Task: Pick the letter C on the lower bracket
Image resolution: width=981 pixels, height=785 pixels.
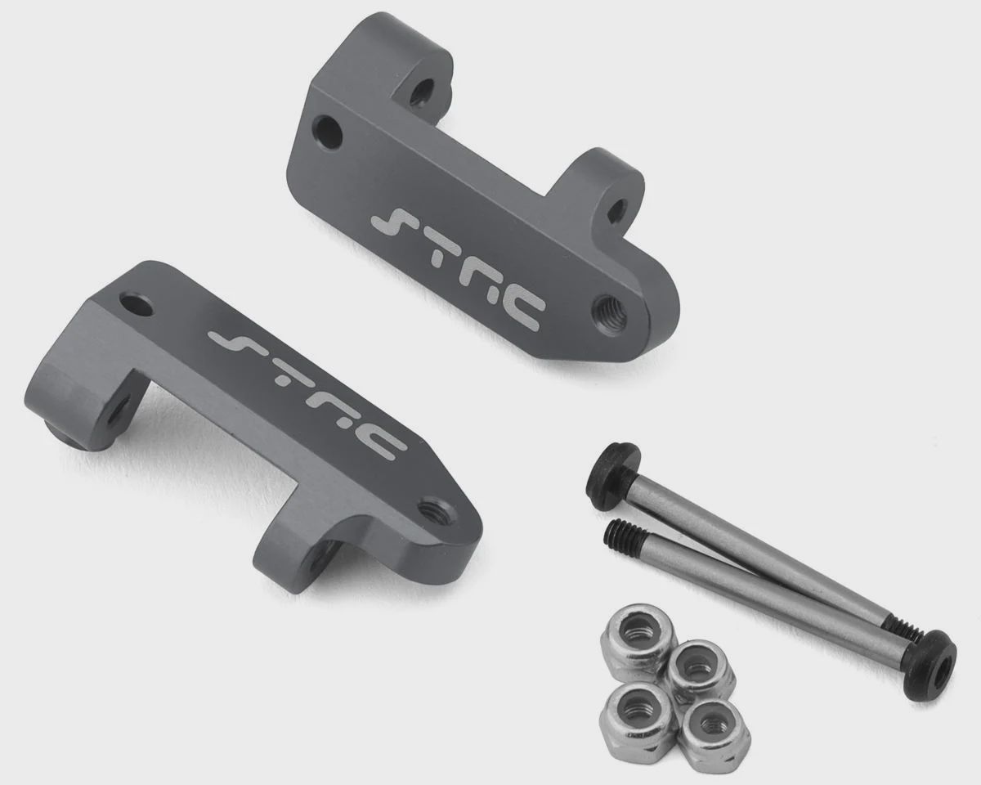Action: click(383, 448)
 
